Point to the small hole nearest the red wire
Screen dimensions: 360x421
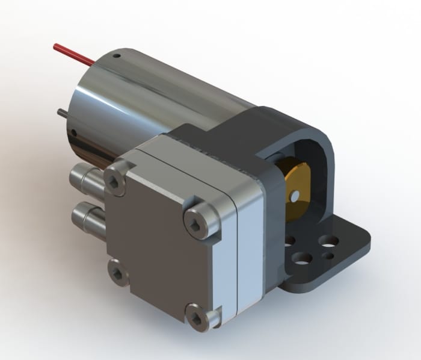click(x=119, y=57)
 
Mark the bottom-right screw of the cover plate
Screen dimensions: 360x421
click(x=198, y=315)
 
